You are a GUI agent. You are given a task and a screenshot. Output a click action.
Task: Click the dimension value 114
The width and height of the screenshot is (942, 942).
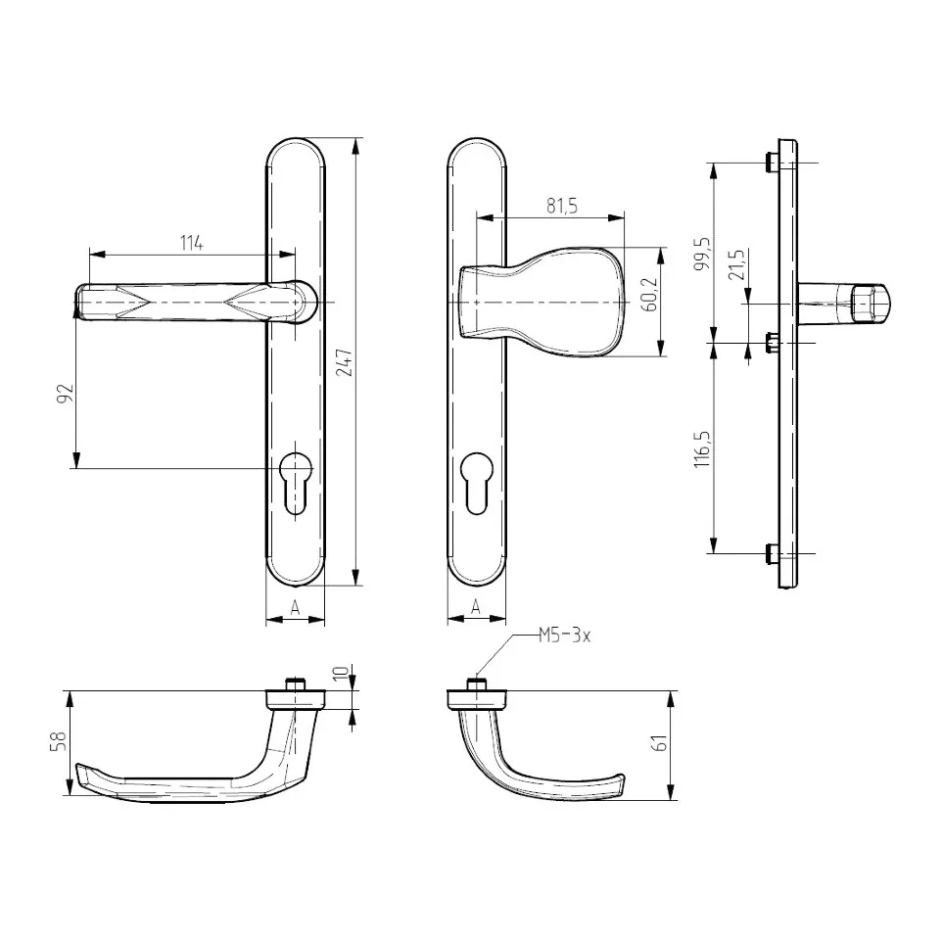click(x=192, y=243)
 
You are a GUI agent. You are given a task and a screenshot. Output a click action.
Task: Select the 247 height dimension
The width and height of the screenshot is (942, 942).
click(x=345, y=362)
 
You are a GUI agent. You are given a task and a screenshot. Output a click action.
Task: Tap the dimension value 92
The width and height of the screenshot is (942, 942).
click(x=65, y=393)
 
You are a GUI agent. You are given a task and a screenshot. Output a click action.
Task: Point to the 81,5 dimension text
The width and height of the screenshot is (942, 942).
click(x=562, y=206)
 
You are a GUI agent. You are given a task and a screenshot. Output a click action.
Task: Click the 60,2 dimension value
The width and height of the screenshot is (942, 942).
click(x=650, y=295)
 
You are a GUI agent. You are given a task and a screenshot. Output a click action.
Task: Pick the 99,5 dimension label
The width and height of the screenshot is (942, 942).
click(x=702, y=253)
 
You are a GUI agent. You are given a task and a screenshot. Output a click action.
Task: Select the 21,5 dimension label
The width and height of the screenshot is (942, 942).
click(x=736, y=264)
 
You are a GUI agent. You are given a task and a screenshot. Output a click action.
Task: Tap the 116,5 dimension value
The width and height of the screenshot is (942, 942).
click(x=702, y=449)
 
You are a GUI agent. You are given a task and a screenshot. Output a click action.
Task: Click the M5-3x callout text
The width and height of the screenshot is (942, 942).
click(x=564, y=636)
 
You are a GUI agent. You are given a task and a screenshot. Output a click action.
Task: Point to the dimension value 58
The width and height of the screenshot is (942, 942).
click(x=59, y=742)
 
